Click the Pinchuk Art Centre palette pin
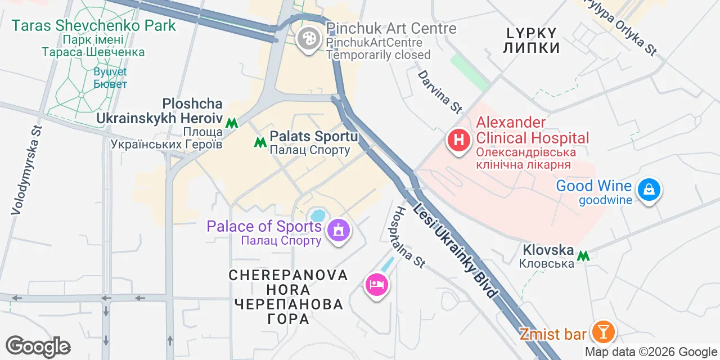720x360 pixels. coord(308,39)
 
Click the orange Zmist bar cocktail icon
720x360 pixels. coord(603,332)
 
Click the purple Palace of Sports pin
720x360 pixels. coord(339,230)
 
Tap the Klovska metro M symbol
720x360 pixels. coord(584,256)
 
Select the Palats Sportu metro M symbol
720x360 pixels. coord(260,142)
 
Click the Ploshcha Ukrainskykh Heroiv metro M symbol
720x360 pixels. coord(231,123)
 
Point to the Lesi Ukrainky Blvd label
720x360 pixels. coord(456,250)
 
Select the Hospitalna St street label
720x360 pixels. coord(409,236)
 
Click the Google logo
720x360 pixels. coord(38,347)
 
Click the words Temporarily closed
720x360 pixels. coord(378,55)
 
